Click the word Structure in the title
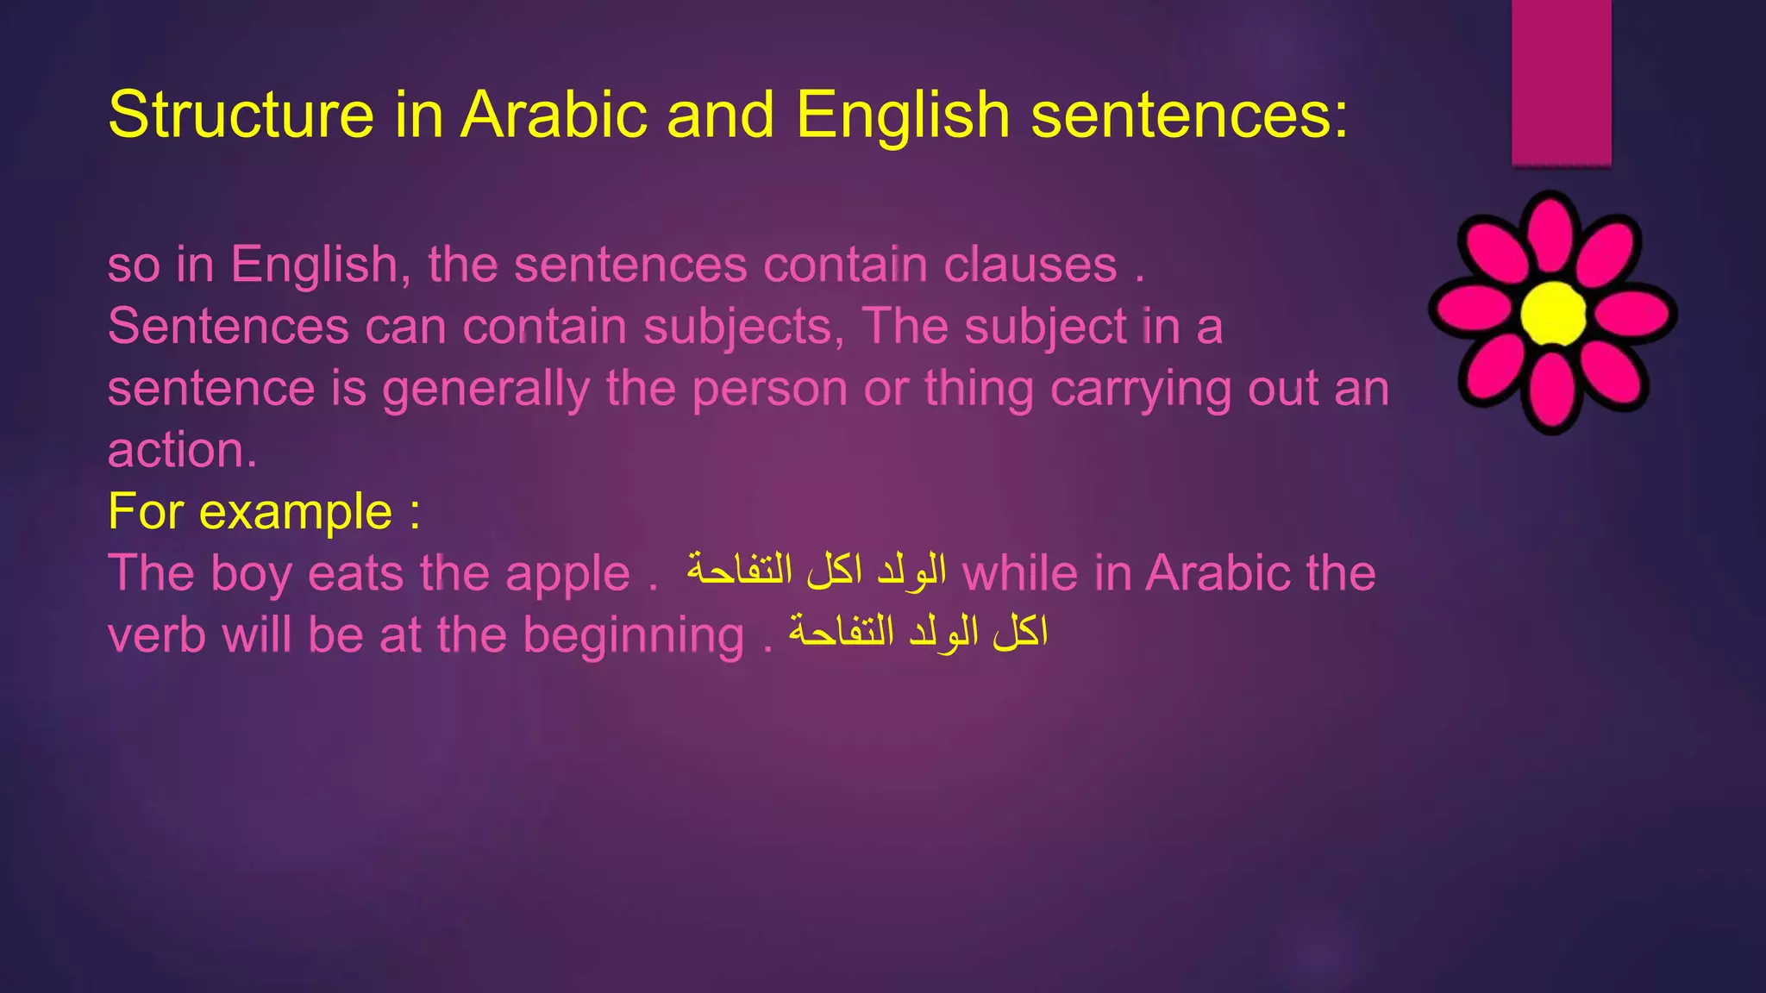tap(241, 115)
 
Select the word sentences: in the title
tap(1189, 115)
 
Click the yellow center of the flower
tap(1553, 313)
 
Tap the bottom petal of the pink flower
tap(1552, 392)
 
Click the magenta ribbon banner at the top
tap(1561, 82)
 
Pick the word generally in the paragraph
tap(485, 389)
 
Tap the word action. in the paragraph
tap(182, 450)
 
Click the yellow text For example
tap(264, 511)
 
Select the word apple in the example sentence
tap(567, 574)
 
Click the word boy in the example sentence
tap(251, 574)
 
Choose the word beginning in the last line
tap(634, 636)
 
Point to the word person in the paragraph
tap(769, 389)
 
